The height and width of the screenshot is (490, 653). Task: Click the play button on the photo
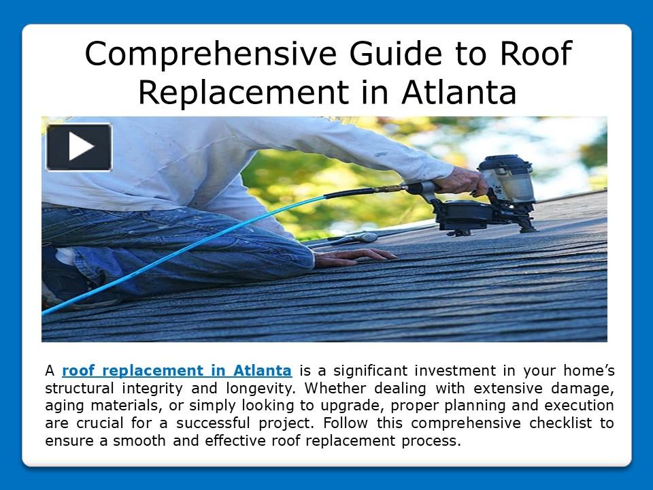(79, 146)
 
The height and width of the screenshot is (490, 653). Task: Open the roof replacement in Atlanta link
(177, 372)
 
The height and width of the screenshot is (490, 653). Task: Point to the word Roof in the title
(538, 54)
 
